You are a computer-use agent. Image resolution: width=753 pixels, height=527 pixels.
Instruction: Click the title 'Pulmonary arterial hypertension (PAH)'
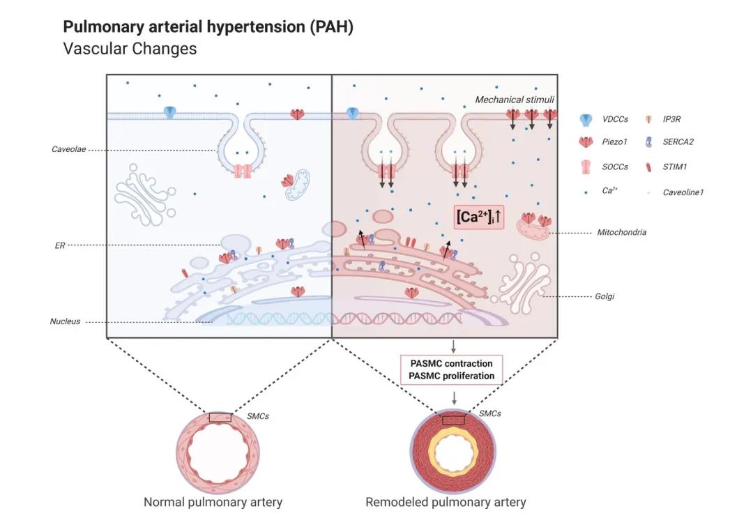pyautogui.click(x=208, y=27)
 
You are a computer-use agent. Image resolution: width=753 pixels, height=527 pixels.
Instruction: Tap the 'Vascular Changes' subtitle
pyautogui.click(x=130, y=49)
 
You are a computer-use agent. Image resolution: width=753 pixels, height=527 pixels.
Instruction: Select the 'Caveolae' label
pyautogui.click(x=69, y=149)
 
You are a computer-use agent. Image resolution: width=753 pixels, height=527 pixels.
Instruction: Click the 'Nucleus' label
pyautogui.click(x=65, y=321)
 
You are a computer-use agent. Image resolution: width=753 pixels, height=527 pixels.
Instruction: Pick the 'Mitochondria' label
pyautogui.click(x=622, y=232)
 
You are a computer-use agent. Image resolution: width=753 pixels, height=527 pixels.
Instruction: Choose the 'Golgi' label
pyautogui.click(x=604, y=296)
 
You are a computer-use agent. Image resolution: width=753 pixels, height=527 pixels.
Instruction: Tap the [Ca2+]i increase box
pyautogui.click(x=479, y=217)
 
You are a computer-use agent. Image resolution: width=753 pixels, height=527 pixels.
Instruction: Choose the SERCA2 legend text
pyautogui.click(x=678, y=142)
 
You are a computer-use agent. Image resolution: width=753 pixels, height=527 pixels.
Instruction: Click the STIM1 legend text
pyautogui.click(x=676, y=167)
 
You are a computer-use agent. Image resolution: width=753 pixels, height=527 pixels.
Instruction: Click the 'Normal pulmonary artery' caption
pyautogui.click(x=213, y=502)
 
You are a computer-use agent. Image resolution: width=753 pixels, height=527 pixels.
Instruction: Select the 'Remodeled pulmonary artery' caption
pyautogui.click(x=446, y=502)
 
